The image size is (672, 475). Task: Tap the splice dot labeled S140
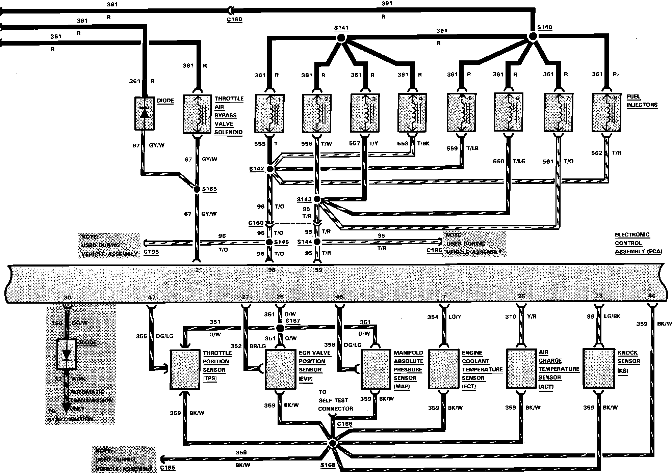533,36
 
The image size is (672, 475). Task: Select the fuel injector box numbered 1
269,114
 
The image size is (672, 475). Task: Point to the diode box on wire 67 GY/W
145,113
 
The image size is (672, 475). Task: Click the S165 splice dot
197,189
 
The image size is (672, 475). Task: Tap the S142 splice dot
270,169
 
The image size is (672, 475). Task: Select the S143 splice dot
317,199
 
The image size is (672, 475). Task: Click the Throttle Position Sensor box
184,370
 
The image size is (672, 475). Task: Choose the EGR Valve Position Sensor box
280,369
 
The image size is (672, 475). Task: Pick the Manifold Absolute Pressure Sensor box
376,369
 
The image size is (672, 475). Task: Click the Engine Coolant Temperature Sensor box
443,369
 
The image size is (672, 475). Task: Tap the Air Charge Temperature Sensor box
521,368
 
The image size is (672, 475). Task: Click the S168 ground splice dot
332,443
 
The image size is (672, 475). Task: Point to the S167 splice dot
280,328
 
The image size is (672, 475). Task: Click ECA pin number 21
198,270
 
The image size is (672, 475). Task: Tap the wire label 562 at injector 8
596,153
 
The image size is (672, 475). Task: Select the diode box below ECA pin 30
67,354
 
